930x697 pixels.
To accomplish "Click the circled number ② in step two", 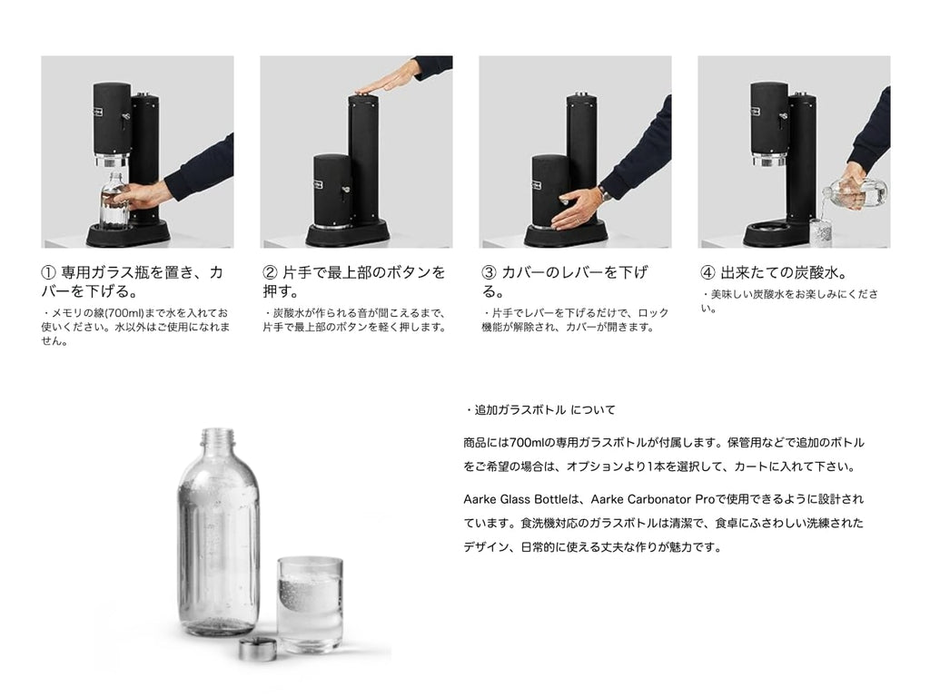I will (269, 272).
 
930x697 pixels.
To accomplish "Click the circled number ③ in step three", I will (488, 272).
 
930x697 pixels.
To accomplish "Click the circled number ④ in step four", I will (707, 272).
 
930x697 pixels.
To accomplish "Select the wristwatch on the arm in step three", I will (602, 192).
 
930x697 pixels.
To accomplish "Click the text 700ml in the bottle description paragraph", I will (525, 443).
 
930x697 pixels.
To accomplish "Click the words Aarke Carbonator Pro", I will (651, 499).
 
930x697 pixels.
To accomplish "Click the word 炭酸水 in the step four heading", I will (803, 272).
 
